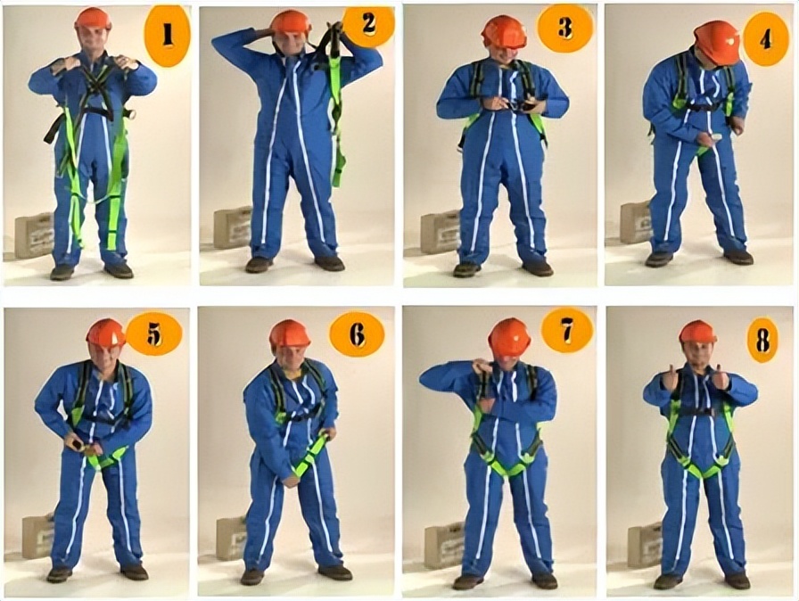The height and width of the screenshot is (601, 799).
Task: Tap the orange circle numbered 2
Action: (368, 23)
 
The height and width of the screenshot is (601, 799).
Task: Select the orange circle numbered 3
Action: (564, 28)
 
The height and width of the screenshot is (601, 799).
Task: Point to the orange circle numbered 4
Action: (765, 37)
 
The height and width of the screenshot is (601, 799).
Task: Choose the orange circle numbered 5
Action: (153, 333)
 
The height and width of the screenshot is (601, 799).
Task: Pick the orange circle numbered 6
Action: (358, 334)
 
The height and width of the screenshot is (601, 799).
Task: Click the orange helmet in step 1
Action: (94, 19)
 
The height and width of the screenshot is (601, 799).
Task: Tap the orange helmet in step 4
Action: (716, 42)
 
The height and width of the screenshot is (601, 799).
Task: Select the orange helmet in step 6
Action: (289, 333)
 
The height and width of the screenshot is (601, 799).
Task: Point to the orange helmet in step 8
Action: (698, 332)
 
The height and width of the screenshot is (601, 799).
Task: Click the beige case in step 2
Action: (234, 227)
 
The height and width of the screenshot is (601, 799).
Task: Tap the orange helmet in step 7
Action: (509, 337)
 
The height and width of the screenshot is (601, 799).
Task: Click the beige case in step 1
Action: (34, 235)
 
